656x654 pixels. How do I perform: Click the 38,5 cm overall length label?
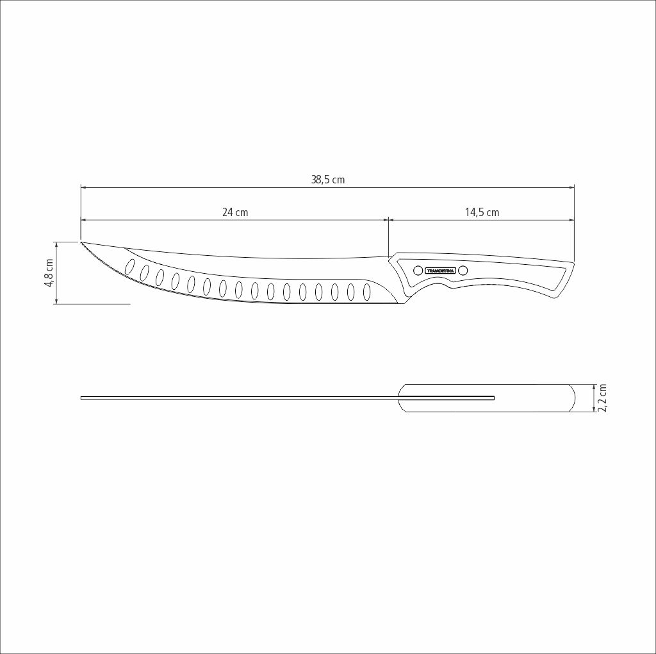pos(328,180)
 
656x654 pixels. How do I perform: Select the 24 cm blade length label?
pos(235,212)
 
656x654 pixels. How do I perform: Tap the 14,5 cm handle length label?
pos(482,212)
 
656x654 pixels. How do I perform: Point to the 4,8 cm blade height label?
pos(49,273)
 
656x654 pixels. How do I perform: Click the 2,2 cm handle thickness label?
pos(602,398)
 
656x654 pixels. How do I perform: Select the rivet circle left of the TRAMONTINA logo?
pos(418,271)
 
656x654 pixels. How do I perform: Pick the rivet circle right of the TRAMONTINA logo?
pos(463,271)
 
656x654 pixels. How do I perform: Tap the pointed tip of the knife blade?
pos(82,242)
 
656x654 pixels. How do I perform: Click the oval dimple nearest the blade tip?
pos(130,266)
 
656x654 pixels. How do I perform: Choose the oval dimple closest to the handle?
pos(366,292)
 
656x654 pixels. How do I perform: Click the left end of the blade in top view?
pos(82,398)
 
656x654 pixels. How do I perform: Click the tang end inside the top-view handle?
pos(493,398)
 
